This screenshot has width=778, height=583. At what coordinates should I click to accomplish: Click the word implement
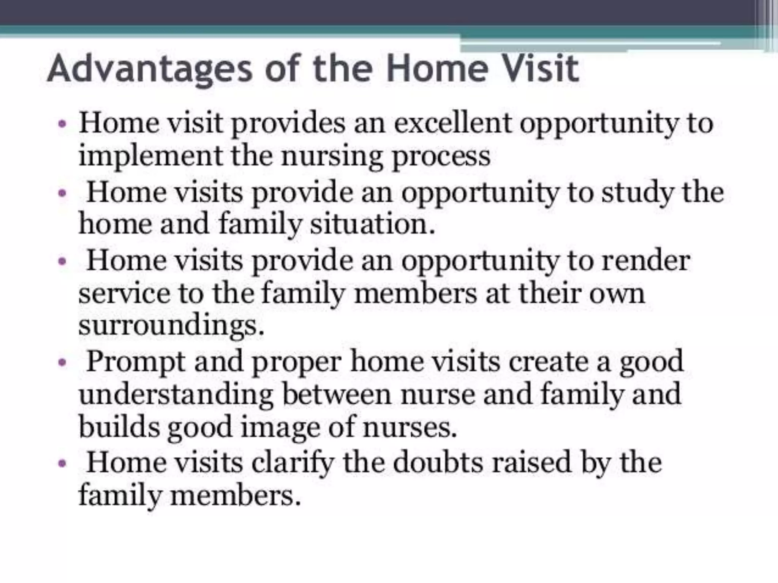tap(150, 156)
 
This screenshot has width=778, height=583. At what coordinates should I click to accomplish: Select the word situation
tap(372, 224)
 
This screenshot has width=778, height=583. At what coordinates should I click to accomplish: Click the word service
tap(124, 294)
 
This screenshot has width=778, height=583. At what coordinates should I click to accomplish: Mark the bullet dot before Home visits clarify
tap(62, 464)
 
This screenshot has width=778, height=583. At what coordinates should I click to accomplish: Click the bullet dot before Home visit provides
tap(62, 124)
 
